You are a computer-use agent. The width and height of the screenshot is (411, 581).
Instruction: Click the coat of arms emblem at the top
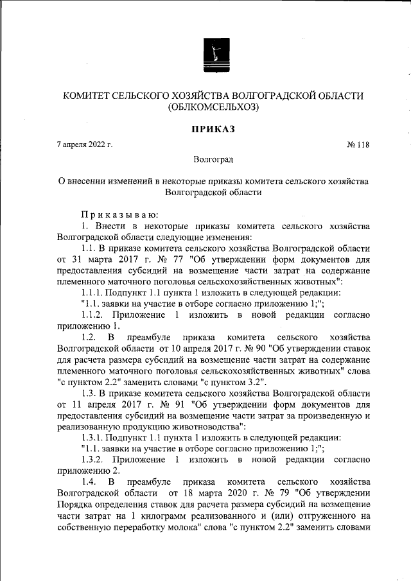pos(212,53)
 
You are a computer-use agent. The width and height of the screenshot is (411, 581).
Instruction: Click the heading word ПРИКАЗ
pos(213,129)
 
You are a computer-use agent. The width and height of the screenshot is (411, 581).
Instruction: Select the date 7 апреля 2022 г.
pos(84,144)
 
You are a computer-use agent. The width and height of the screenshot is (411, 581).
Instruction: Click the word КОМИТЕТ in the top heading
pos(85,96)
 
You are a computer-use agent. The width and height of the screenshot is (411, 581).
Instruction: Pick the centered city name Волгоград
pos(213,158)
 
